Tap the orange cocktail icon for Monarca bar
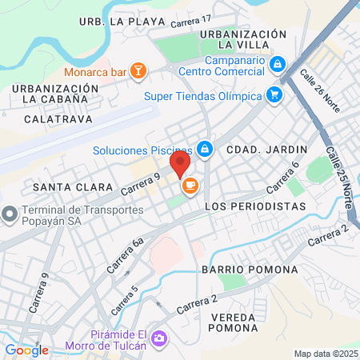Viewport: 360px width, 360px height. coord(138,72)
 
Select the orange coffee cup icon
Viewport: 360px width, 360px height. coord(190,187)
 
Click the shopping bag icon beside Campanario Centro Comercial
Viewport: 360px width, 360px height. coord(278,62)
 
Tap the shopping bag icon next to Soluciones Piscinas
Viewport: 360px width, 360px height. coord(206,149)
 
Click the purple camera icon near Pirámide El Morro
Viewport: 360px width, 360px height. coord(159,338)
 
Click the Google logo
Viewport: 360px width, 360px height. coord(26,350)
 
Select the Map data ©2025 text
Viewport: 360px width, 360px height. coord(324,354)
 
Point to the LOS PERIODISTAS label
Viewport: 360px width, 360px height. coord(255,206)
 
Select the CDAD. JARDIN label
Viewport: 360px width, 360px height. coord(256,149)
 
